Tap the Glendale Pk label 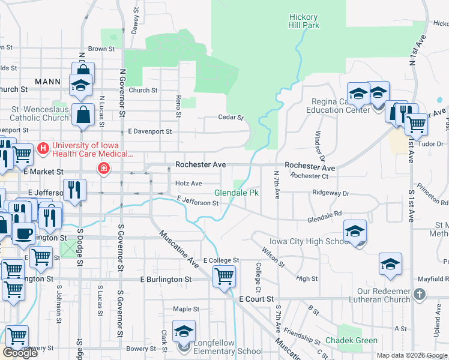(237, 193)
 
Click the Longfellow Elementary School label (224, 351)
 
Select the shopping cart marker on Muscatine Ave (224, 276)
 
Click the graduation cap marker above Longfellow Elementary (184, 331)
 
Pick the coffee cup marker (24, 233)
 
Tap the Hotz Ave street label (188, 183)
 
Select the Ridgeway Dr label (330, 193)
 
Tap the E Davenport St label (149, 131)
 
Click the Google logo (20, 353)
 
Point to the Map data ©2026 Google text (411, 355)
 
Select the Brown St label (101, 49)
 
